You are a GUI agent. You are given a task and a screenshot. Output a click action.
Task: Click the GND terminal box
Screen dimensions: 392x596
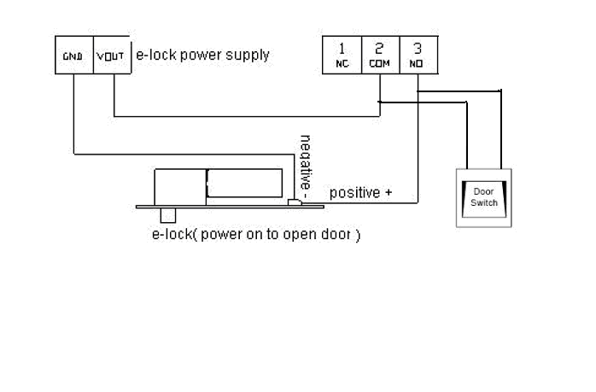click(73, 56)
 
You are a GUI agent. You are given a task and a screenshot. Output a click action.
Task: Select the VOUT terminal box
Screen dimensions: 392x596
click(110, 56)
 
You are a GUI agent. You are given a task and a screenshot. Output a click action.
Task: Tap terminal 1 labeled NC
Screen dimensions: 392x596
click(342, 56)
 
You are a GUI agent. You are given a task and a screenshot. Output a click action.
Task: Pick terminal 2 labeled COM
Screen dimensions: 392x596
click(380, 56)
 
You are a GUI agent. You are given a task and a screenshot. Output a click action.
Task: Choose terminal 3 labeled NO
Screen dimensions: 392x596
click(418, 56)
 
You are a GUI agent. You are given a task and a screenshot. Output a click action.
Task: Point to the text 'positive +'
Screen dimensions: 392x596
click(360, 193)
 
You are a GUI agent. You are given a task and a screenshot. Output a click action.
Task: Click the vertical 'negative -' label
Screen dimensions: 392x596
click(307, 162)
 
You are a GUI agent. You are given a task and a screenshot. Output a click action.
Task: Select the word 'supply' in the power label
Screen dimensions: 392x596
click(248, 55)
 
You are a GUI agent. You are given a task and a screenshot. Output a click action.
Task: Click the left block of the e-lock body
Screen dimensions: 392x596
click(178, 185)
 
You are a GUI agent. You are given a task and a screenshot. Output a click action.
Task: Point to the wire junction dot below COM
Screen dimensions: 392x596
click(380, 102)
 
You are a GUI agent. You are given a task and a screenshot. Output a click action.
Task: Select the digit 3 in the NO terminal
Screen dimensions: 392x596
click(417, 49)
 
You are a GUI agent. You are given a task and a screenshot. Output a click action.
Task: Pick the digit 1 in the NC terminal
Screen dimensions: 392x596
click(342, 49)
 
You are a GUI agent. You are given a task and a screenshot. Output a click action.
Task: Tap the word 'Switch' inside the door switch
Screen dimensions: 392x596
click(483, 202)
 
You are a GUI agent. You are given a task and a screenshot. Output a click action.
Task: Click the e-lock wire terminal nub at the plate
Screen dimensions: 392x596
click(294, 202)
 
